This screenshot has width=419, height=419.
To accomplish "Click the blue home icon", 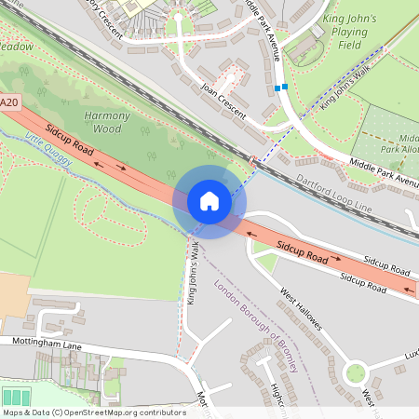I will tap(209, 200).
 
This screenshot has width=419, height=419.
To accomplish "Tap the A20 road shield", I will tap(9, 101).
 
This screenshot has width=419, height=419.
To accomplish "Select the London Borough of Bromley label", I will tap(256, 326).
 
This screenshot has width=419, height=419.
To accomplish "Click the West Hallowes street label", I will tap(301, 309).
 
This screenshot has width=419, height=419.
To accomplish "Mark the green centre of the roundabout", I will tap(355, 374).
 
